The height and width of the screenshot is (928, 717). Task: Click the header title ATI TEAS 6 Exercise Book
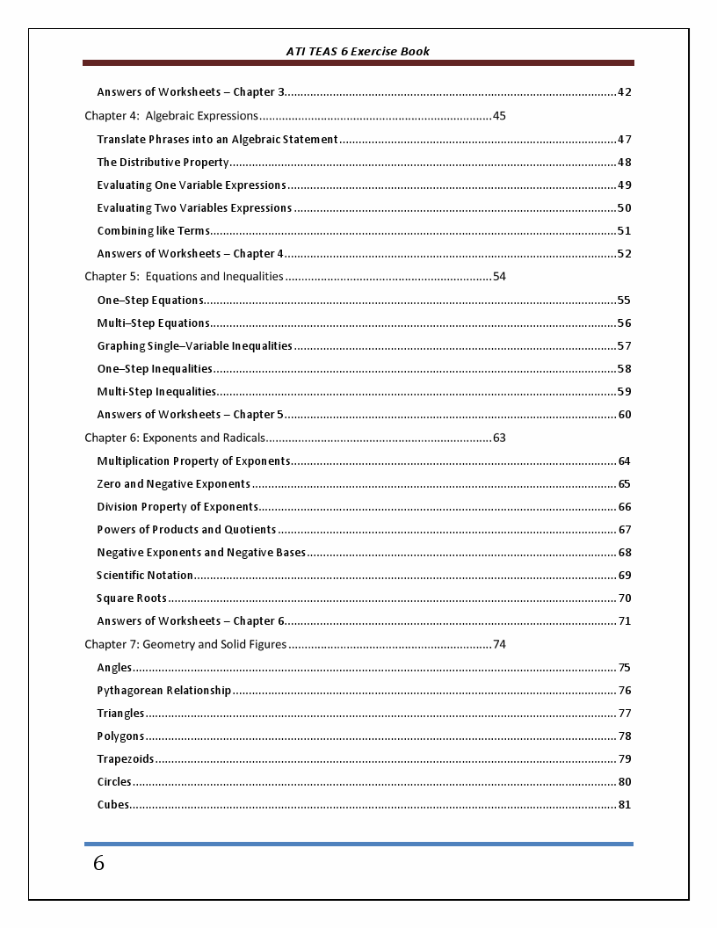coord(358,51)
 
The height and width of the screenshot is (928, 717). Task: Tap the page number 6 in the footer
coord(98,864)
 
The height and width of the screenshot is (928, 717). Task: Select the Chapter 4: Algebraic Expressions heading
coord(171,116)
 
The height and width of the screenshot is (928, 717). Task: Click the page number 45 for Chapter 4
coord(499,116)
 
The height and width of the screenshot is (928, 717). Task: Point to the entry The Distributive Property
coord(163,163)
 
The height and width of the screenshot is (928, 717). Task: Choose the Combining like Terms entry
coord(154,231)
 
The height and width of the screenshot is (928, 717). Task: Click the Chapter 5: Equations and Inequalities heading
coord(184,277)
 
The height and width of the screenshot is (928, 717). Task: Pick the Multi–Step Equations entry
coord(154,323)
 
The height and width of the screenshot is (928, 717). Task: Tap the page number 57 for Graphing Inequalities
coord(624,346)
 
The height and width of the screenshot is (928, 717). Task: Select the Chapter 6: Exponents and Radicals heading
coord(174,438)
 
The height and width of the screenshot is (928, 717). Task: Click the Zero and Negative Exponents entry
coord(174,484)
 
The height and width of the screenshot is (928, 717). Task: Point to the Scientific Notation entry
coord(145,576)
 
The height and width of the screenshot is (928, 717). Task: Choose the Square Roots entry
coord(132,598)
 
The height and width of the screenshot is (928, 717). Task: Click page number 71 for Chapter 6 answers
coord(625,621)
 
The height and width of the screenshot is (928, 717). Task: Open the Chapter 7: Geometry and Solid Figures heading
coord(185,644)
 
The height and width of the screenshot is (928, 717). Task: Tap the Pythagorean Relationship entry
coord(164,691)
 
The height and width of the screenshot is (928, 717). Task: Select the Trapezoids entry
coord(126,759)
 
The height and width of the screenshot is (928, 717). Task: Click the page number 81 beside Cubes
coord(625,805)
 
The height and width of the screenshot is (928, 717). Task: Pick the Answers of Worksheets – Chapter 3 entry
coord(191,92)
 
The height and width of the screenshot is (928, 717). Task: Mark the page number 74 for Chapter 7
coord(499,644)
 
